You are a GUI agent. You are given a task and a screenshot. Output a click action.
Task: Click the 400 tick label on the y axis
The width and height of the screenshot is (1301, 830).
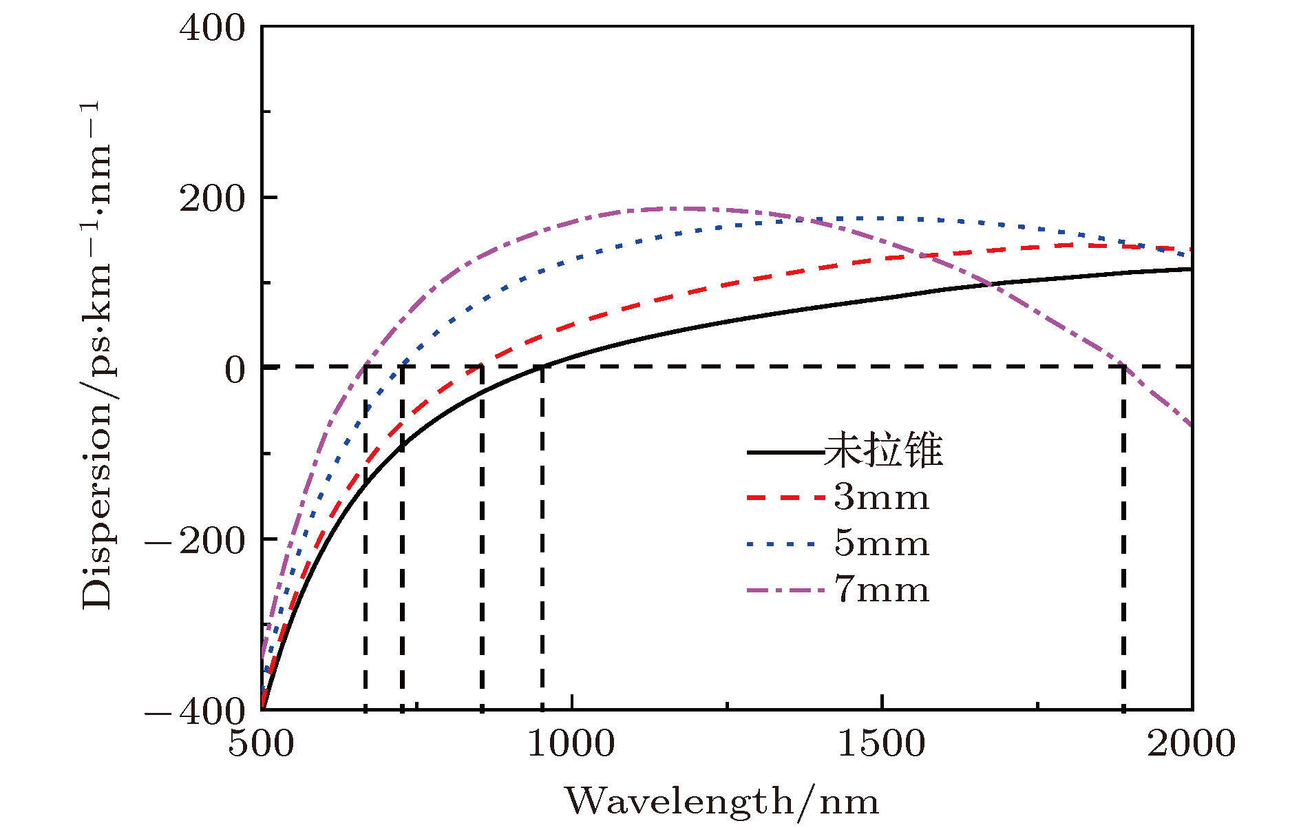[212, 29]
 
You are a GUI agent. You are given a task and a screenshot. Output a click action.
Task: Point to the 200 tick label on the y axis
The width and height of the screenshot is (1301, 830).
[212, 199]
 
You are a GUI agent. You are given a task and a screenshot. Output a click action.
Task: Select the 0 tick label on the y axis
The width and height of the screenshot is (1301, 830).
[235, 370]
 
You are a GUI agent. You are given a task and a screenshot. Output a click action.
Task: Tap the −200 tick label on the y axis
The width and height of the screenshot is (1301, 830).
[195, 540]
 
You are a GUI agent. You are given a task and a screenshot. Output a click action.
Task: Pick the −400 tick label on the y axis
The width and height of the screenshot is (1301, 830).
[195, 710]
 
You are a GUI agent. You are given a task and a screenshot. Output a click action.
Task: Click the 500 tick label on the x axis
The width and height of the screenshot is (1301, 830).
[261, 745]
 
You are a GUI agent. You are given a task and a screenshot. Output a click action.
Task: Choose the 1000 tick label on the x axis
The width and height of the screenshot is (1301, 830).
[571, 745]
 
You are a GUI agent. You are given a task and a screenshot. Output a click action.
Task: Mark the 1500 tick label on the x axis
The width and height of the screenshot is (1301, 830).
[882, 745]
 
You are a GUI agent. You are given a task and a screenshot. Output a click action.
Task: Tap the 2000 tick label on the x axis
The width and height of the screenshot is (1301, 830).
[1191, 745]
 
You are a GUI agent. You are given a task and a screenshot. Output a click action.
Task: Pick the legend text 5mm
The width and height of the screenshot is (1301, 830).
[882, 544]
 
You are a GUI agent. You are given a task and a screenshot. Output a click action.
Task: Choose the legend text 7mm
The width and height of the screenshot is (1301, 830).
[882, 590]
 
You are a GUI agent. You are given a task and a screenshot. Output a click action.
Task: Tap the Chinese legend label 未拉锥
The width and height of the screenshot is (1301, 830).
[883, 451]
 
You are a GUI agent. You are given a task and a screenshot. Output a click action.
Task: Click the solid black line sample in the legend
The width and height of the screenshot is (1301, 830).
[785, 453]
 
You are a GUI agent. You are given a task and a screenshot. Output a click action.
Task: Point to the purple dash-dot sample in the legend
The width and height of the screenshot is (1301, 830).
[785, 590]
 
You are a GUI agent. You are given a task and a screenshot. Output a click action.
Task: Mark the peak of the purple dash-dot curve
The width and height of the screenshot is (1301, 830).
[681, 208]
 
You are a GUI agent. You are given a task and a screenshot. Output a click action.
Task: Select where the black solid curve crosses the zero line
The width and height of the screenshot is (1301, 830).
[543, 366]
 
